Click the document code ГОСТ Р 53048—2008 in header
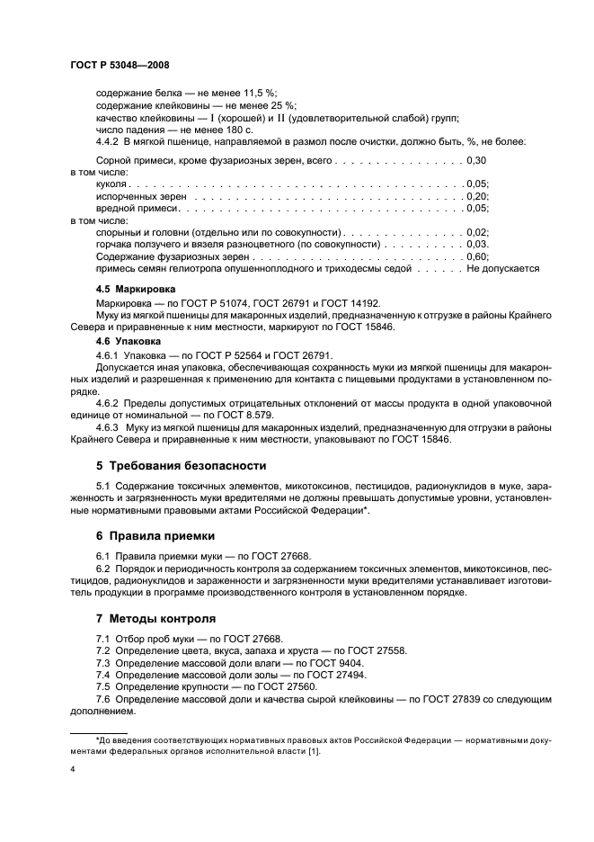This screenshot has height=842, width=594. click(x=120, y=65)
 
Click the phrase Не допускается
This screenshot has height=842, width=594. click(x=502, y=268)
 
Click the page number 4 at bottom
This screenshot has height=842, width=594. click(x=72, y=770)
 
